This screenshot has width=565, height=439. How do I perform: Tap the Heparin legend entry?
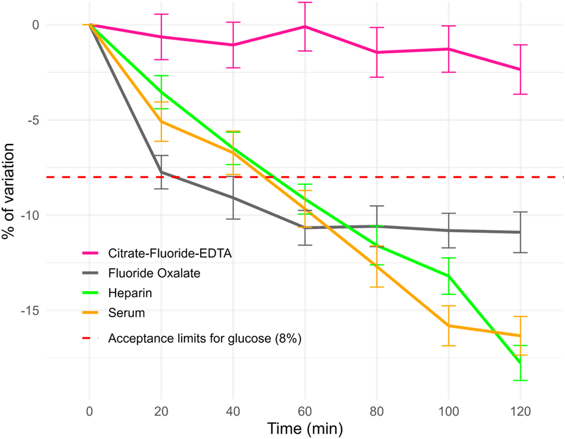(x=127, y=293)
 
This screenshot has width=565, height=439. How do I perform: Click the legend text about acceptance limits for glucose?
(x=203, y=339)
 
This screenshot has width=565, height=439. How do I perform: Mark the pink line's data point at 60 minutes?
(x=305, y=27)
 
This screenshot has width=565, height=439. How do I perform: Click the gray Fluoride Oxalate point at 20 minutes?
(x=161, y=172)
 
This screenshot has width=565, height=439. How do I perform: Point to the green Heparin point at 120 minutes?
(x=520, y=363)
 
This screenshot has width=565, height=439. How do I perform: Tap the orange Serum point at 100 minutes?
(x=448, y=326)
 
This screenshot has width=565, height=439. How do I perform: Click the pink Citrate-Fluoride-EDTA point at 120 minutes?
(x=520, y=69)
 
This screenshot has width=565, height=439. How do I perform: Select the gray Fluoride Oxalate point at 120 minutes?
(x=520, y=232)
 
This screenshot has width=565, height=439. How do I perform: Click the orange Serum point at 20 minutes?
(x=161, y=121)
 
